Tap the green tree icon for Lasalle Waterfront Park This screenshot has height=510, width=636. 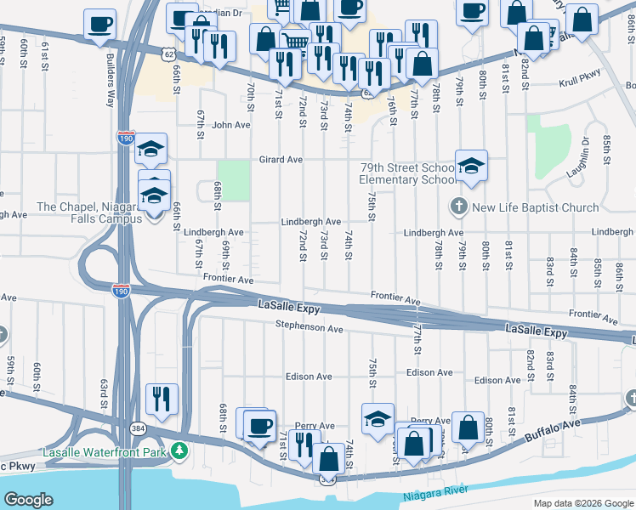coord(179,450)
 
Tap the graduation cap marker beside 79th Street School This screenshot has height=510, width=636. coord(471,166)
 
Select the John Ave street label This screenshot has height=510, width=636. coord(231,125)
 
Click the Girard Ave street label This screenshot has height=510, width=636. coord(281,160)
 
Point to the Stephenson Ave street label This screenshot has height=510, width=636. coord(309,327)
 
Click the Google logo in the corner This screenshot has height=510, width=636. coord(28,500)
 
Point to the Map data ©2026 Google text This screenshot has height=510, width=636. coord(582,503)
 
